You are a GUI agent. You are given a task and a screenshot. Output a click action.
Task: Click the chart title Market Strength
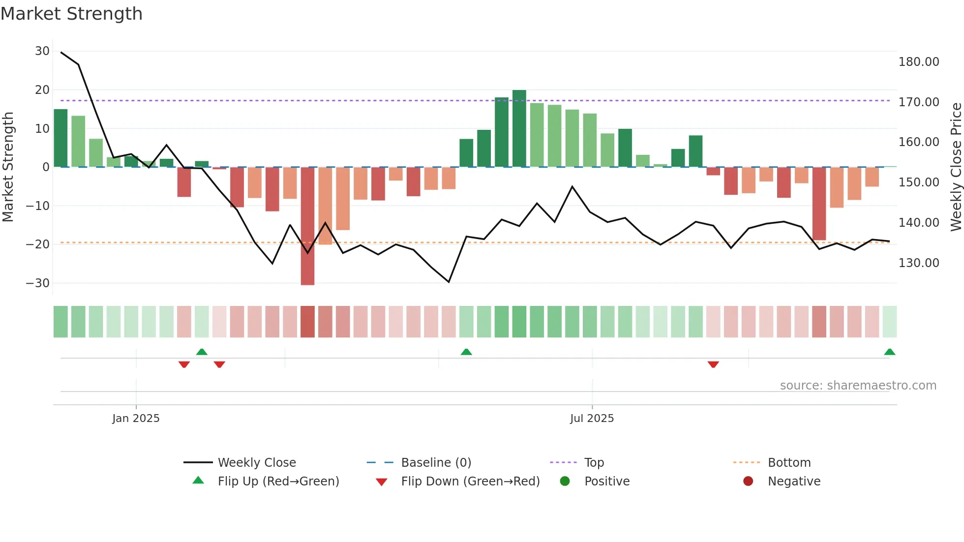tap(71, 14)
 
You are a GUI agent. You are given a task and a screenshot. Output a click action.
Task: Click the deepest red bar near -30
tap(307, 226)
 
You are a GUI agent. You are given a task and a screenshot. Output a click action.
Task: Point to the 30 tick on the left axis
tap(42, 51)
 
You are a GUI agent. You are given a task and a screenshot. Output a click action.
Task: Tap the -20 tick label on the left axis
tap(38, 244)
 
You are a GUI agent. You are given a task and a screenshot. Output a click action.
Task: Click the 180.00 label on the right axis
tap(918, 62)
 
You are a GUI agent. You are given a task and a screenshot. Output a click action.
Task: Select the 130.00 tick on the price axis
tap(918, 263)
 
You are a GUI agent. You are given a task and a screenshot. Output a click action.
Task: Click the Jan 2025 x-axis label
tap(136, 419)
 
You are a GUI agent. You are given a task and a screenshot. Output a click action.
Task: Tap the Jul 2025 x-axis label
tap(592, 419)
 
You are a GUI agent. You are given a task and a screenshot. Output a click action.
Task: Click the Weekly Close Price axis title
tap(956, 167)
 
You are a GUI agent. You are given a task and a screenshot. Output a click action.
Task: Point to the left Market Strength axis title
tap(8, 167)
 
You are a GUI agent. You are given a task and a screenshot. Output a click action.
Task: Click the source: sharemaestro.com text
tap(858, 386)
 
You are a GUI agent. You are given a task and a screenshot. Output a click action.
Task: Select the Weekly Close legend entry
tap(256, 463)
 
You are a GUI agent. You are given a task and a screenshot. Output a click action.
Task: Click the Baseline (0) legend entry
tap(436, 463)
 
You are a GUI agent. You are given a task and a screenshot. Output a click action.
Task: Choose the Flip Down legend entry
tap(470, 482)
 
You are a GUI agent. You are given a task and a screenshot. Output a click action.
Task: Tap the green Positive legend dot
tap(565, 482)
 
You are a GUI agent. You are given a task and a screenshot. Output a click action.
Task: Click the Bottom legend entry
tap(789, 463)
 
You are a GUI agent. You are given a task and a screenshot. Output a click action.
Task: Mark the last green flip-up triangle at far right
tap(889, 352)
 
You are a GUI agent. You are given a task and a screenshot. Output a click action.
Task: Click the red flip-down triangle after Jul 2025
tap(713, 364)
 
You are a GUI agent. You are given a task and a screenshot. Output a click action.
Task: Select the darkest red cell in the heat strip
tap(307, 322)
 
